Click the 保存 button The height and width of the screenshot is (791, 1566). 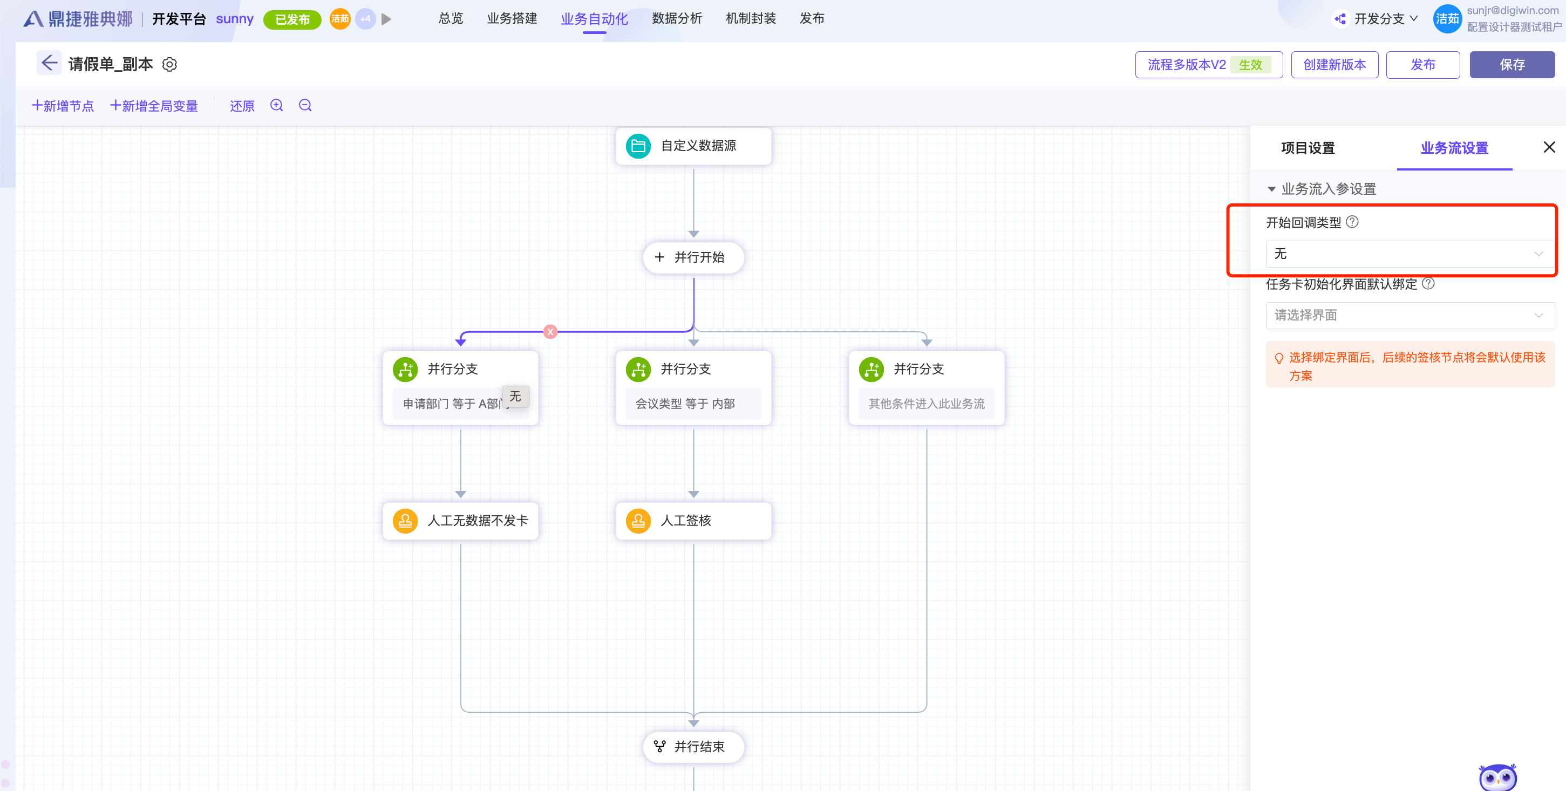1511,64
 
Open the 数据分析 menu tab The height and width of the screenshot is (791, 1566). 677,19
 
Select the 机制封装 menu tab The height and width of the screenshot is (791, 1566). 750,19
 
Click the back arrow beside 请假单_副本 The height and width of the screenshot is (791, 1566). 49,63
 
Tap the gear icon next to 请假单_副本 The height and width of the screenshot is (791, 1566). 169,64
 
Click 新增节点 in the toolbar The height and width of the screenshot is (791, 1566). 63,106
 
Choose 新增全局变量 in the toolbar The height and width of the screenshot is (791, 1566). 154,106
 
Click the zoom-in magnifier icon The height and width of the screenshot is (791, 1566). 277,105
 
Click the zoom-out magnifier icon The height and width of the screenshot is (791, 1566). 305,105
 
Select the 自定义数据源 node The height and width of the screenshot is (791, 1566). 693,146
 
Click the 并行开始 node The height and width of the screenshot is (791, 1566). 693,257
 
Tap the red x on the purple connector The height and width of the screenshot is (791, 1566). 550,332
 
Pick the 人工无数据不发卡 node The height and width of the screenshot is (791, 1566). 460,521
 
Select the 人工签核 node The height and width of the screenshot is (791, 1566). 693,521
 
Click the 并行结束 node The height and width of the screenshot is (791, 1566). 693,747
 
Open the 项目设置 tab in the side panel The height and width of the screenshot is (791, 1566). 1308,148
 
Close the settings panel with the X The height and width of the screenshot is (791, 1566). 1549,147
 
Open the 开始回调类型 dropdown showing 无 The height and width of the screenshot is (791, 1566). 1410,254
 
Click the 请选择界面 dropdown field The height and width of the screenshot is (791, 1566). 1410,316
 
